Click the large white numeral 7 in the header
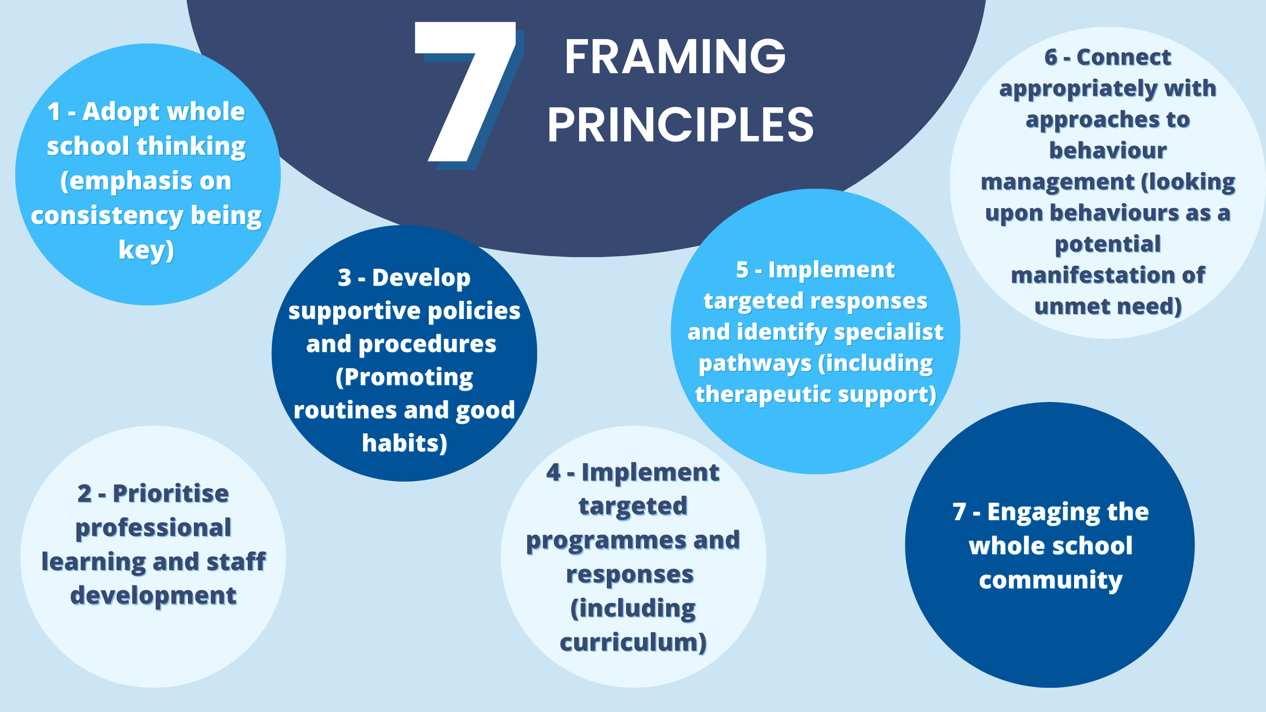tap(465, 91)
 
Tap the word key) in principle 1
tap(146, 250)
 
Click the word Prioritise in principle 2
tap(171, 493)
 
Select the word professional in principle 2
tap(153, 528)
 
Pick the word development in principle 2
tap(153, 596)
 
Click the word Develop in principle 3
tap(421, 278)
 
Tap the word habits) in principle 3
tap(405, 444)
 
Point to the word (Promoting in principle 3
tap(405, 378)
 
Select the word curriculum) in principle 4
tap(633, 643)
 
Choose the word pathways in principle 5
tap(755, 364)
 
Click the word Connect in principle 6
tap(1124, 57)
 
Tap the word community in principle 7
tap(1051, 580)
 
